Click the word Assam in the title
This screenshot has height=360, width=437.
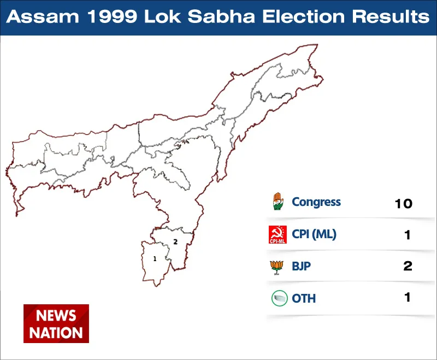tap(43, 16)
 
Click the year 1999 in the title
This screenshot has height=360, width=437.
tap(113, 16)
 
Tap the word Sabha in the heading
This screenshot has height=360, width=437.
tap(221, 16)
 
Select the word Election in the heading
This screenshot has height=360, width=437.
tap(304, 16)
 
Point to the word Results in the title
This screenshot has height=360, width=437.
tap(391, 16)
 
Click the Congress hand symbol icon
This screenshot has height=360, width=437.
tap(278, 201)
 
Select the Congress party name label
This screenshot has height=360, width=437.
tap(316, 202)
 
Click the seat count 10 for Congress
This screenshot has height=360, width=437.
tap(404, 204)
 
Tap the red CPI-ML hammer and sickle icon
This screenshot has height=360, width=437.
tap(277, 234)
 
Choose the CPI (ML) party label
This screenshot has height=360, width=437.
tap(314, 234)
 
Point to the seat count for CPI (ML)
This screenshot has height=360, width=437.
tap(408, 235)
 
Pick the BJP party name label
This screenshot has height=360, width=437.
tap(301, 266)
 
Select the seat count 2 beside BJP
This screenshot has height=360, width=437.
tap(408, 266)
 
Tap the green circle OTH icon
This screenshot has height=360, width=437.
tap(280, 298)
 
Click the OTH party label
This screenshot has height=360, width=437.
tap(304, 298)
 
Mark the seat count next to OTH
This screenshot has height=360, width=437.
tap(408, 297)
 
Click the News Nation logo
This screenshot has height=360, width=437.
tap(56, 323)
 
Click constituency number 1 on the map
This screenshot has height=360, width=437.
tap(155, 259)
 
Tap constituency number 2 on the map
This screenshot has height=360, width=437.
tap(175, 242)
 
